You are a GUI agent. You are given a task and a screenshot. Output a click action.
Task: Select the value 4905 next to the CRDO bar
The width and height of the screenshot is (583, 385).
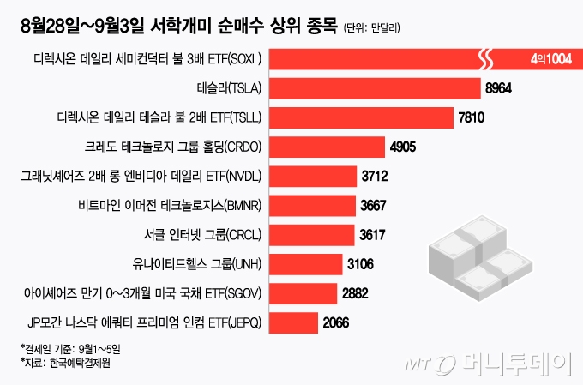click(x=402, y=147)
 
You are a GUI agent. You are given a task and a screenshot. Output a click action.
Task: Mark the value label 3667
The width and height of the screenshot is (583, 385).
click(x=372, y=205)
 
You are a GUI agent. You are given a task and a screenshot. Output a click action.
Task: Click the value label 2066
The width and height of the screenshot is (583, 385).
click(x=337, y=322)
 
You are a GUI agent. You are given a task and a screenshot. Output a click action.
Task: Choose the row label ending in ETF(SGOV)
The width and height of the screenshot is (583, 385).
click(x=144, y=293)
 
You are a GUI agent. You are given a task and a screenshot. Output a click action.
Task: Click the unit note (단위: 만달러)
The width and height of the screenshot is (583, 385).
click(x=372, y=29)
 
